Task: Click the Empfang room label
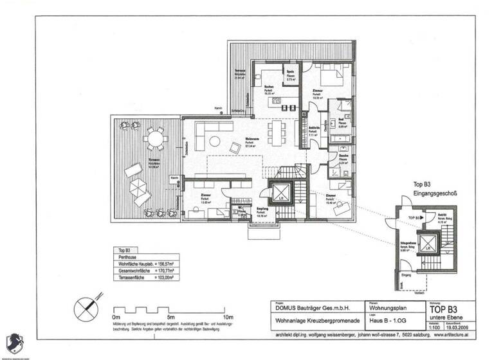(262, 210)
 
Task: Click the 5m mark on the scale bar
(170, 317)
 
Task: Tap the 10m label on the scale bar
(227, 317)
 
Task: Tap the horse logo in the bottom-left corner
(13, 343)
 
